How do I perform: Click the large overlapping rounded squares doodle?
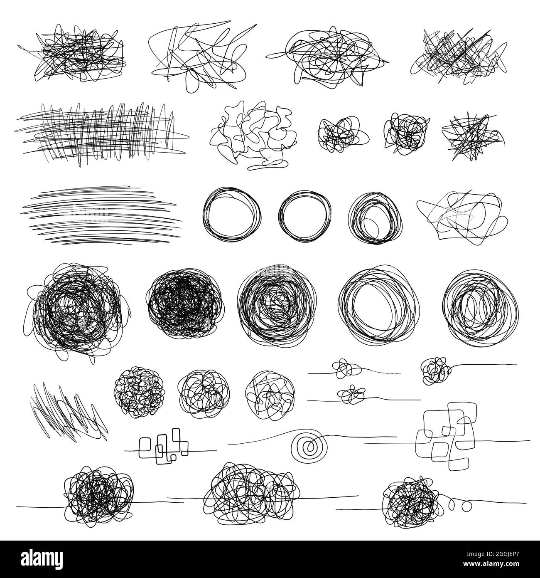[446, 435]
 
